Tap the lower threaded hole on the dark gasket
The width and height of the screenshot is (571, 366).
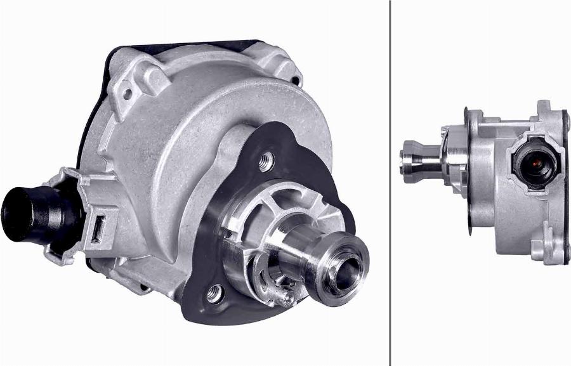215,294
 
